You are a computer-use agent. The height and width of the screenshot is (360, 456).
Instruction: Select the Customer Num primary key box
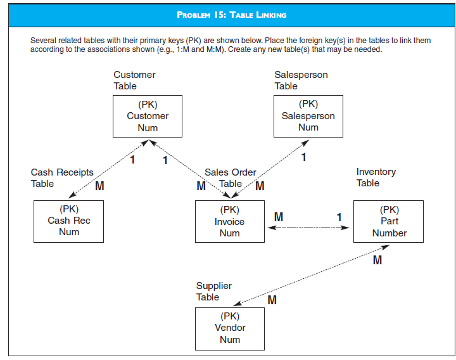(148, 116)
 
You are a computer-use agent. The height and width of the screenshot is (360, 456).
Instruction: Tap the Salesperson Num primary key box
(308, 116)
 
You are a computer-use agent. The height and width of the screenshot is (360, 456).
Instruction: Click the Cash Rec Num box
(68, 221)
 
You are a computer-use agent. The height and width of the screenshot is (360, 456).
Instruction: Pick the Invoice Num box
(229, 221)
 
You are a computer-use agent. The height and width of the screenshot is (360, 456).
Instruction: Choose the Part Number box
(389, 221)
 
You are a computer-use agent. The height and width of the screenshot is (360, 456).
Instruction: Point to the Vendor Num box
(229, 328)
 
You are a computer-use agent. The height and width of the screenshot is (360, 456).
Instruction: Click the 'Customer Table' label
(134, 80)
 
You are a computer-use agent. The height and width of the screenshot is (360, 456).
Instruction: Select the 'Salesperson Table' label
(301, 80)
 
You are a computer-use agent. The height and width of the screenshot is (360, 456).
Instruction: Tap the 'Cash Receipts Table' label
(61, 178)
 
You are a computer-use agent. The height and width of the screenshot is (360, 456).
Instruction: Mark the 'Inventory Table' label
(376, 177)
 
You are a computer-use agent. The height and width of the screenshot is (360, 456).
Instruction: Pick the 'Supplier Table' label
(213, 292)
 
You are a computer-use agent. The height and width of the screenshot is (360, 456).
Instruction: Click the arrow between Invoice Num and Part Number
(308, 228)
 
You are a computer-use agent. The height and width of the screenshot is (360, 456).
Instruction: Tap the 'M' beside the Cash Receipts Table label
(99, 186)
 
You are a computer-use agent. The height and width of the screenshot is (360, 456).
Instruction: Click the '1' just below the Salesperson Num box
(304, 157)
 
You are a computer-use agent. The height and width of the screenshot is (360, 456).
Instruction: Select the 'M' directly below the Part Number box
(377, 260)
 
